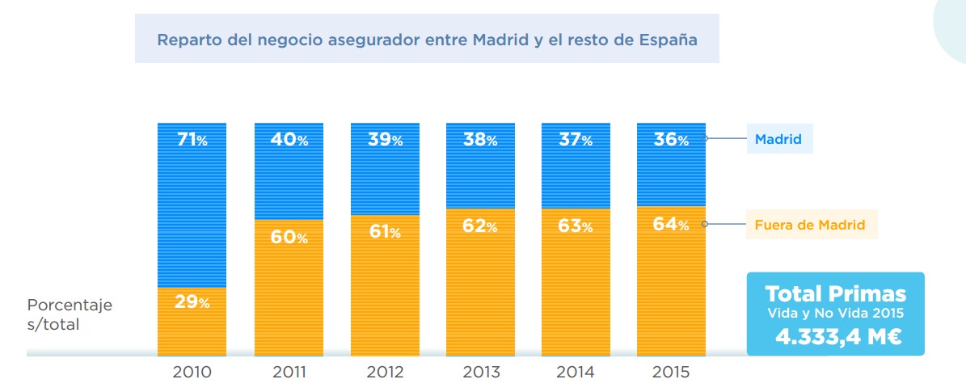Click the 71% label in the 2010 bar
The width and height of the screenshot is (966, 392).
(192, 140)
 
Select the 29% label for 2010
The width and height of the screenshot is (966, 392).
(192, 303)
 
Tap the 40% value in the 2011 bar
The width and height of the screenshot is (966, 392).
(289, 140)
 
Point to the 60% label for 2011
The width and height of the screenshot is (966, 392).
(289, 238)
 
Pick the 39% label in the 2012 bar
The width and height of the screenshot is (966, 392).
(385, 140)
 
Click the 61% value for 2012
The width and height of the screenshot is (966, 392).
(385, 233)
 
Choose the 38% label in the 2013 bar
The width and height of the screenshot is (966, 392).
(480, 140)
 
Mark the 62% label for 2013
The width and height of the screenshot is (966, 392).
(480, 227)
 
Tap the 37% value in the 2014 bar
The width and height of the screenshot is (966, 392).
(576, 140)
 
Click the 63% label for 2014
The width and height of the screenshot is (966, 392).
(576, 226)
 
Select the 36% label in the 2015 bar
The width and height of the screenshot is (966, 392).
(671, 140)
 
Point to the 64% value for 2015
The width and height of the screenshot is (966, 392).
(671, 224)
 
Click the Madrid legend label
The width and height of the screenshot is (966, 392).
(778, 139)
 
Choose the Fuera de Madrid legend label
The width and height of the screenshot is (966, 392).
(809, 225)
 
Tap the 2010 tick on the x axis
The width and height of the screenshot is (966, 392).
(192, 373)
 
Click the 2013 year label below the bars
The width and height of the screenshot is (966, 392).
(480, 373)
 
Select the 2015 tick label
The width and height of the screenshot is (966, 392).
(671, 373)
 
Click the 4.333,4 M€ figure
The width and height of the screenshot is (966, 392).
(835, 336)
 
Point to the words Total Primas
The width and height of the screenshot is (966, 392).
(835, 293)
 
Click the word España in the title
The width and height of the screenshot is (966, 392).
(667, 39)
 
